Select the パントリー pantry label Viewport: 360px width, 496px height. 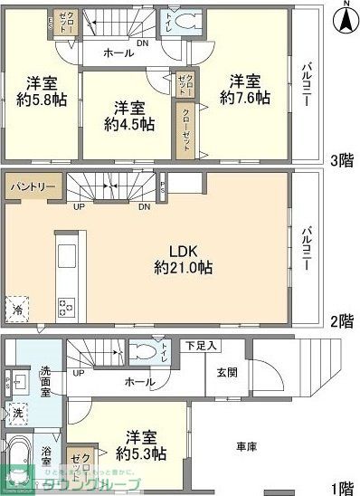pyautogui.click(x=33, y=187)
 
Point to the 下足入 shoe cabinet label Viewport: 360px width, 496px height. pyautogui.click(x=201, y=345)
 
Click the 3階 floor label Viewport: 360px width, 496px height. pyautogui.click(x=341, y=162)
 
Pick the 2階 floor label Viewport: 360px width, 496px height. pyautogui.click(x=341, y=321)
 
